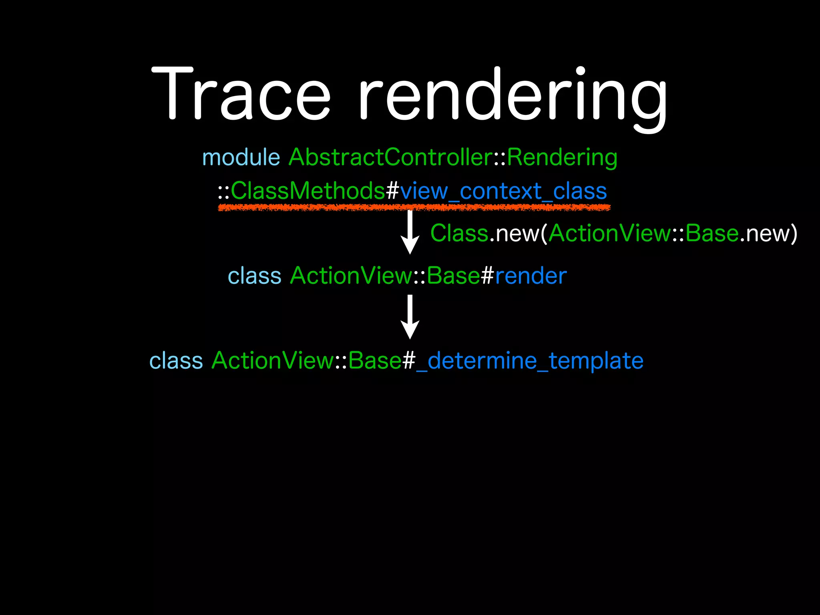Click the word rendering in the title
(512, 96)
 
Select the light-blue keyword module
(241, 157)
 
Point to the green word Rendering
(562, 158)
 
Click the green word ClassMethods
(307, 191)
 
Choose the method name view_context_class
(503, 191)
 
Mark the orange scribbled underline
(414, 207)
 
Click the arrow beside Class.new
(410, 232)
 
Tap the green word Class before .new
(459, 233)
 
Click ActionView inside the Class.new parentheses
(609, 233)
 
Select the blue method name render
(531, 276)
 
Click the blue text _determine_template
(530, 361)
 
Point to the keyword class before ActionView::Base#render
(255, 276)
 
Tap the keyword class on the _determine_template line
(176, 361)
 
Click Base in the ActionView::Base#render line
(453, 276)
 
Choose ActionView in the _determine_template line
(273, 361)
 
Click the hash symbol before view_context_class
(392, 191)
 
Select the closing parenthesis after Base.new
(793, 233)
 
